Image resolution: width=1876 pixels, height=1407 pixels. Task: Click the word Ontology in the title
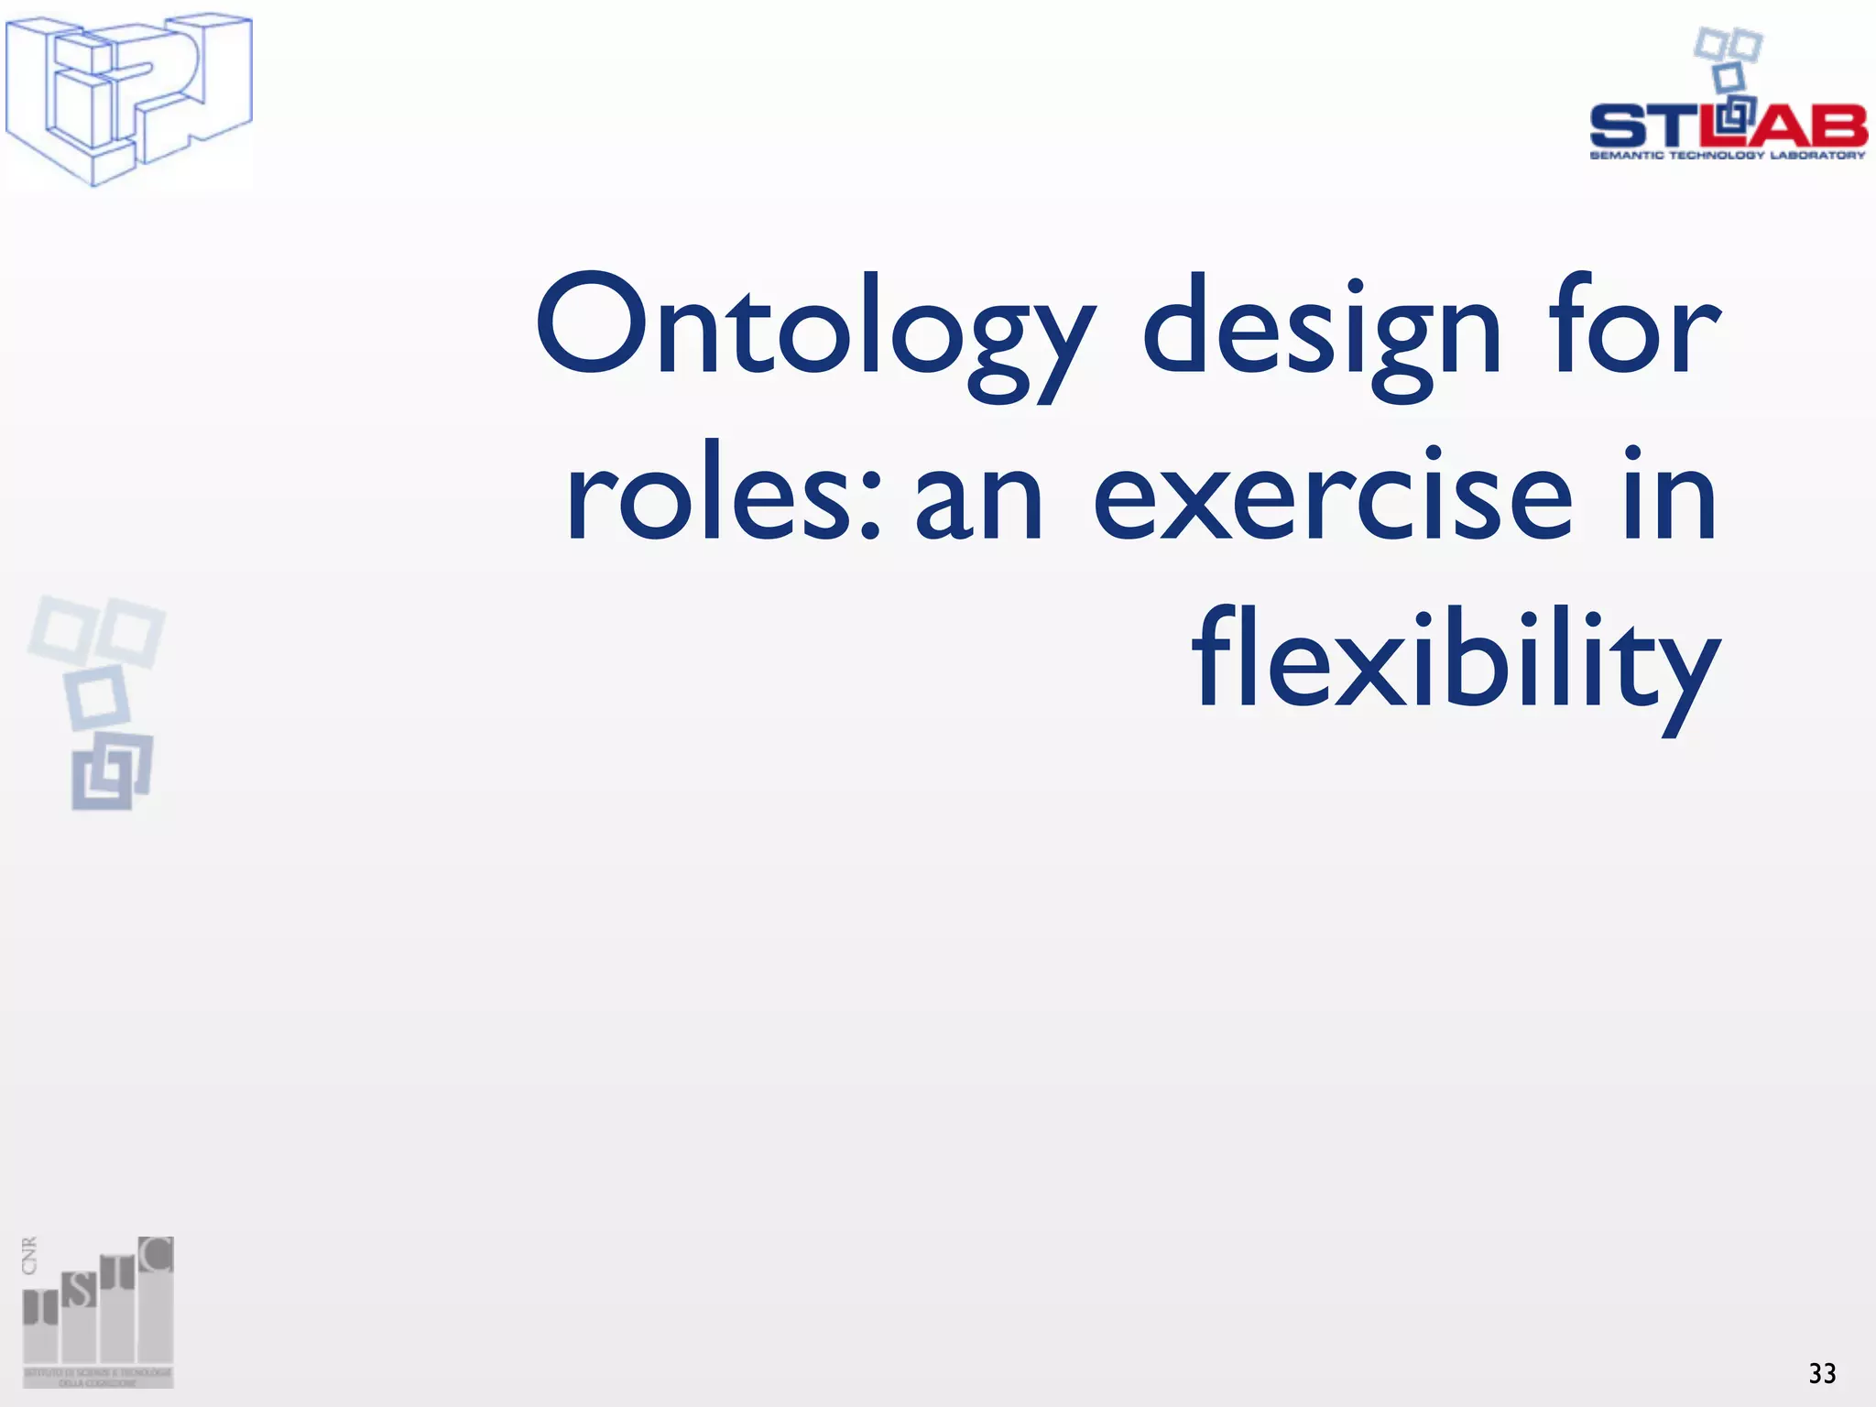pos(814,330)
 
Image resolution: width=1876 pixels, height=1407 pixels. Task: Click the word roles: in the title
pos(723,495)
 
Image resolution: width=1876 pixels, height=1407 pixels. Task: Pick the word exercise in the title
pos(1333,495)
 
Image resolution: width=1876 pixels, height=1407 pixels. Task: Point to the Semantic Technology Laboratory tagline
pos(1728,156)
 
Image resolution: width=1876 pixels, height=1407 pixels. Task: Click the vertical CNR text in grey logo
pos(30,1256)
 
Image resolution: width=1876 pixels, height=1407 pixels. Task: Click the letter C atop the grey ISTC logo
pos(157,1255)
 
